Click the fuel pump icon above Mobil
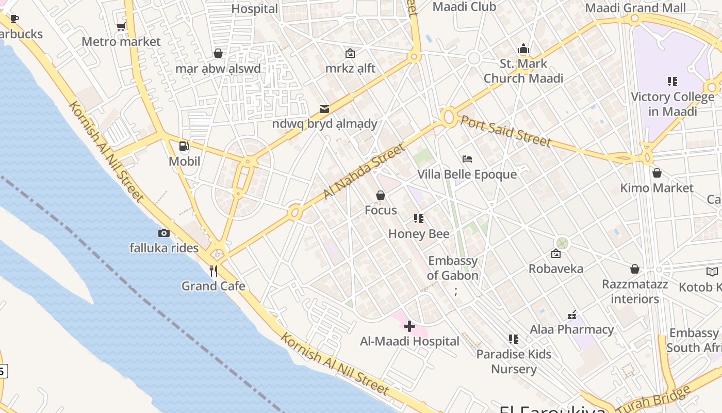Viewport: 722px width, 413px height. [184, 146]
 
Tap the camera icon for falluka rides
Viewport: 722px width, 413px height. [164, 233]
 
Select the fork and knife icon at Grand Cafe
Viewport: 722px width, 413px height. [214, 271]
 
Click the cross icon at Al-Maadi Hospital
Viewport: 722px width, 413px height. [409, 326]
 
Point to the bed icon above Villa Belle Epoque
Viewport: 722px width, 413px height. [467, 159]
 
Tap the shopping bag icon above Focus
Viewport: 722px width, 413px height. [381, 195]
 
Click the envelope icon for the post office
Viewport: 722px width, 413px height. [324, 108]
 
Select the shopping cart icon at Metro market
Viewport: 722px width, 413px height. [121, 26]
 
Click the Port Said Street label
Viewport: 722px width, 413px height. [505, 130]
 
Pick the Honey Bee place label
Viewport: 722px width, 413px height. [419, 234]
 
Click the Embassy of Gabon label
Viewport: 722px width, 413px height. [453, 268]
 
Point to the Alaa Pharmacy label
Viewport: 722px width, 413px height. [572, 329]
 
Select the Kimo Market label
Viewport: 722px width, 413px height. [657, 188]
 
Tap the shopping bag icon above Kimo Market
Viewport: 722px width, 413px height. [657, 173]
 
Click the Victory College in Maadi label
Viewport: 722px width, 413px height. [672, 104]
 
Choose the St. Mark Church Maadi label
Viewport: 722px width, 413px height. [523, 71]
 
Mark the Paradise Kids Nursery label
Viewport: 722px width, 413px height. [514, 361]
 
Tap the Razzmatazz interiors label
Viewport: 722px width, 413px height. [635, 291]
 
